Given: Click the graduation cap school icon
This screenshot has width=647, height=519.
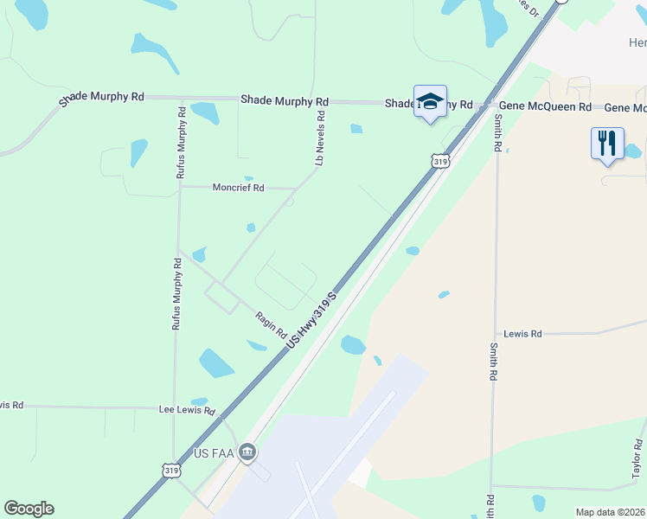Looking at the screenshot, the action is click(430, 101).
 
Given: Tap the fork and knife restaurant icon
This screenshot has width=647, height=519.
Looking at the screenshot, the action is click(607, 143).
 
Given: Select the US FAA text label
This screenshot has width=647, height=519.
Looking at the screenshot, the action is click(215, 453).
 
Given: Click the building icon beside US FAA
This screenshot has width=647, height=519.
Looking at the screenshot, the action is click(247, 452).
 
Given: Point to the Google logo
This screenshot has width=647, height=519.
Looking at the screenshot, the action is click(29, 509).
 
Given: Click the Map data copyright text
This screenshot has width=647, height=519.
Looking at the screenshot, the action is click(611, 512).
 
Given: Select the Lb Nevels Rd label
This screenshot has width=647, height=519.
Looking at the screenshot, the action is click(319, 138).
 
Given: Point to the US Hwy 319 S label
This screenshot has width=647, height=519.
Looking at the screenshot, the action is click(311, 320).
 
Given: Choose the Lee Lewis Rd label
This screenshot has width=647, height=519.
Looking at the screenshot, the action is click(187, 410).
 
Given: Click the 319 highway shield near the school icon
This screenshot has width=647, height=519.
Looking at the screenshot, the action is click(440, 161).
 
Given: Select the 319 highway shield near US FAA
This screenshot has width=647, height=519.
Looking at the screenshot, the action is click(172, 471).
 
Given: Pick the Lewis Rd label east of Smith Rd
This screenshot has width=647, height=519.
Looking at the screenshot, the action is click(522, 333).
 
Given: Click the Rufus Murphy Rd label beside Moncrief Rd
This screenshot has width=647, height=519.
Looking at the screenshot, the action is click(181, 143).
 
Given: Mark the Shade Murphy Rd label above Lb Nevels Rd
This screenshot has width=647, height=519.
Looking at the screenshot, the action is click(285, 100).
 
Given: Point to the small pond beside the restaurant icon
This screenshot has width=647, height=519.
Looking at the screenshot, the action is click(632, 151).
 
